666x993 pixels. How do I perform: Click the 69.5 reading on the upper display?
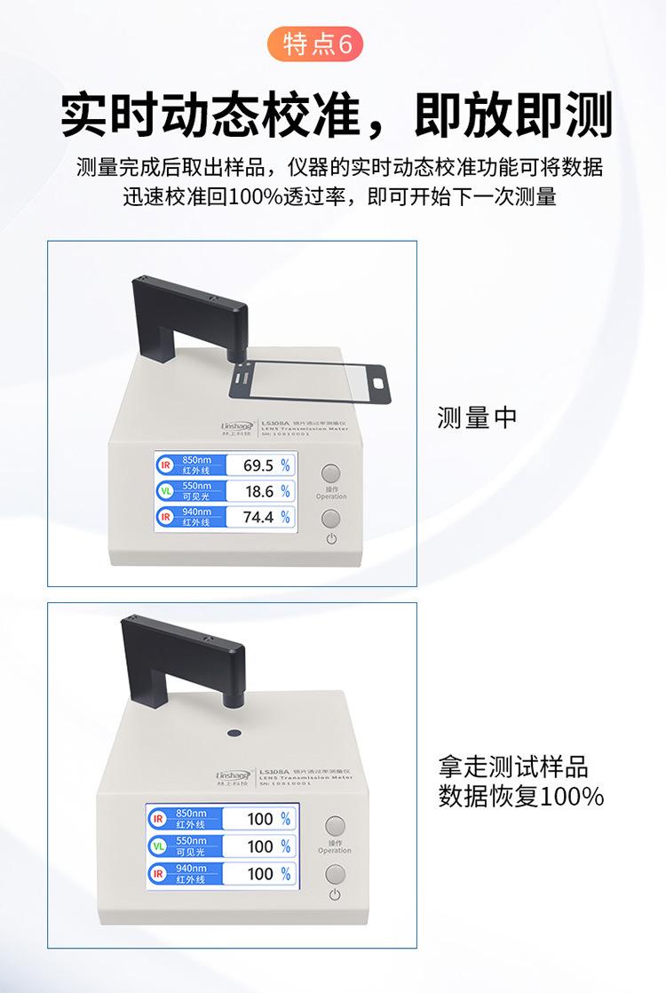tap(258, 465)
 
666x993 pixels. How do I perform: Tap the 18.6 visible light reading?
tap(259, 491)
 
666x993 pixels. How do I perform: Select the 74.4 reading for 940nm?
tap(258, 517)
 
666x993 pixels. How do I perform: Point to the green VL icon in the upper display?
tap(165, 491)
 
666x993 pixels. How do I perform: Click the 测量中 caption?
tap(477, 417)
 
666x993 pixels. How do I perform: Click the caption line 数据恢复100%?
tap(521, 796)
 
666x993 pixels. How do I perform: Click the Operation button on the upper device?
tap(331, 474)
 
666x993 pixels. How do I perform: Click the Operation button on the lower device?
tap(335, 827)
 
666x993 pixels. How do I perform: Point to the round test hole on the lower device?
tap(234, 733)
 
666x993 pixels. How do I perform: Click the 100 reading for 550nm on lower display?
tap(260, 846)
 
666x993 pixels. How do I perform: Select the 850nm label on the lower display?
tap(191, 814)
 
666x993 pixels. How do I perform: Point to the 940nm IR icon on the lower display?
tap(159, 874)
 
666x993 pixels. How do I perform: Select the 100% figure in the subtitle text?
tap(254, 196)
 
